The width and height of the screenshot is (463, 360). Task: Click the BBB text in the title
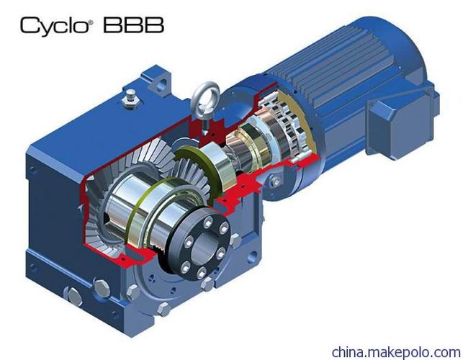(x=133, y=24)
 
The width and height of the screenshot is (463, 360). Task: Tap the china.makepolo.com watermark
(x=396, y=352)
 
